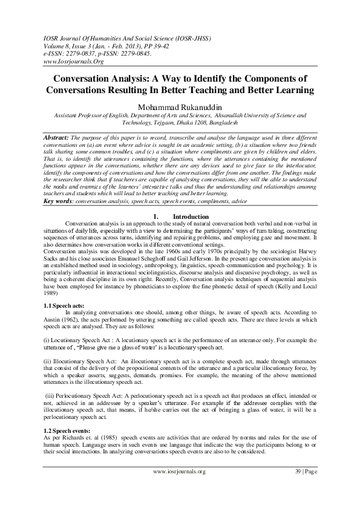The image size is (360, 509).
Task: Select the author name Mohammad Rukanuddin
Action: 180,106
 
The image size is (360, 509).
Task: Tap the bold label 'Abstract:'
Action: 59,138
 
